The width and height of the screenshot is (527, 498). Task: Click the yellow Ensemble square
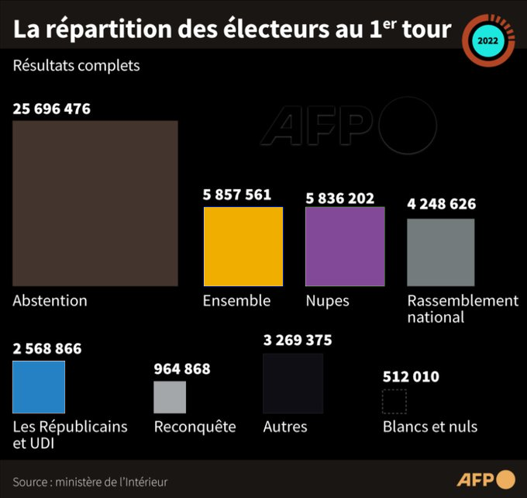pyautogui.click(x=243, y=247)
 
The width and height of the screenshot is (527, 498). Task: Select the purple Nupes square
pyautogui.click(x=345, y=247)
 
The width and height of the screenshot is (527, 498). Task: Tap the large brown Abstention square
pyautogui.click(x=95, y=203)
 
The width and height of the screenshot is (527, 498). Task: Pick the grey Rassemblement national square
pyautogui.click(x=440, y=252)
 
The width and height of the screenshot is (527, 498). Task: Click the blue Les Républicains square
pyautogui.click(x=39, y=387)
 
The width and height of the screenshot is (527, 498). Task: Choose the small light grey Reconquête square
pyautogui.click(x=170, y=397)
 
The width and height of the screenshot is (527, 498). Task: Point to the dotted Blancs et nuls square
pyautogui.click(x=394, y=402)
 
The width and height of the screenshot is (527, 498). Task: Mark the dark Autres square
pyautogui.click(x=292, y=383)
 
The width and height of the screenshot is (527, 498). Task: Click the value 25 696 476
pyautogui.click(x=52, y=109)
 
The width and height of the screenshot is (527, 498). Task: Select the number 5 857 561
pyautogui.click(x=237, y=195)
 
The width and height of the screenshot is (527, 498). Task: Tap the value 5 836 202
pyautogui.click(x=340, y=199)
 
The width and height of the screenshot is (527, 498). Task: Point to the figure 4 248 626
pyautogui.click(x=442, y=205)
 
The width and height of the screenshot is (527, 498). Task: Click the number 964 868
pyautogui.click(x=182, y=369)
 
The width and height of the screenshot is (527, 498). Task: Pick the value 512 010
pyautogui.click(x=411, y=377)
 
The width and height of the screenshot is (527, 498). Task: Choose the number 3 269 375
pyautogui.click(x=298, y=341)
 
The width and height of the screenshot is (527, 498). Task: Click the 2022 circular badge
pyautogui.click(x=487, y=40)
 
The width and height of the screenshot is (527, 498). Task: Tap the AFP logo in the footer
pyautogui.click(x=484, y=479)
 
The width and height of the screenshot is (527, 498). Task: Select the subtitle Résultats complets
pyautogui.click(x=76, y=65)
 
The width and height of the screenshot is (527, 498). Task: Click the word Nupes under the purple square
pyautogui.click(x=327, y=300)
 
